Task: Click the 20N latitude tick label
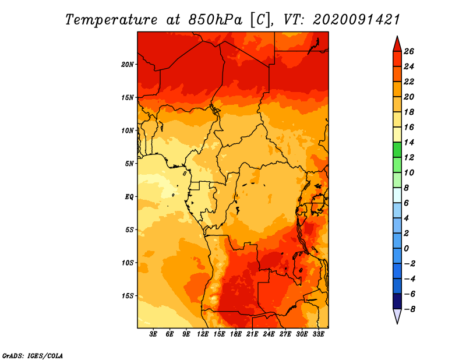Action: pyautogui.click(x=128, y=65)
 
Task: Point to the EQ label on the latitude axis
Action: pyautogui.click(x=129, y=197)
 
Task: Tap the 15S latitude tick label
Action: pyautogui.click(x=128, y=296)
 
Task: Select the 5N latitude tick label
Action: pyautogui.click(x=129, y=164)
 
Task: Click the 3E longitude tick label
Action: pyautogui.click(x=153, y=334)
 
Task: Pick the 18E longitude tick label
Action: pyautogui.click(x=236, y=334)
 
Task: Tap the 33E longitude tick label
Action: pyautogui.click(x=318, y=334)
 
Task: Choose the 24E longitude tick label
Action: pyautogui.click(x=269, y=334)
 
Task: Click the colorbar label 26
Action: pyautogui.click(x=409, y=51)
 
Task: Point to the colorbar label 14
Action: pyautogui.click(x=409, y=142)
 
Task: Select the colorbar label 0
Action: pyautogui.click(x=406, y=249)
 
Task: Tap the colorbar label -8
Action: pyautogui.click(x=409, y=309)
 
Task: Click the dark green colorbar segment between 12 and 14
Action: pyautogui.click(x=397, y=150)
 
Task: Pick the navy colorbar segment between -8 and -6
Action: pyautogui.click(x=397, y=301)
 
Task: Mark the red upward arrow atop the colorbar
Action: pyautogui.click(x=397, y=44)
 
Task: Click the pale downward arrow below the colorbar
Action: pyautogui.click(x=397, y=316)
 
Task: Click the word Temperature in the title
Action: pyautogui.click(x=111, y=20)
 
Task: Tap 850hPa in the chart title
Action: pyautogui.click(x=216, y=20)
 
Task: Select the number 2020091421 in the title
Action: pyautogui.click(x=356, y=20)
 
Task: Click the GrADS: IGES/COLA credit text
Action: pyautogui.click(x=33, y=356)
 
